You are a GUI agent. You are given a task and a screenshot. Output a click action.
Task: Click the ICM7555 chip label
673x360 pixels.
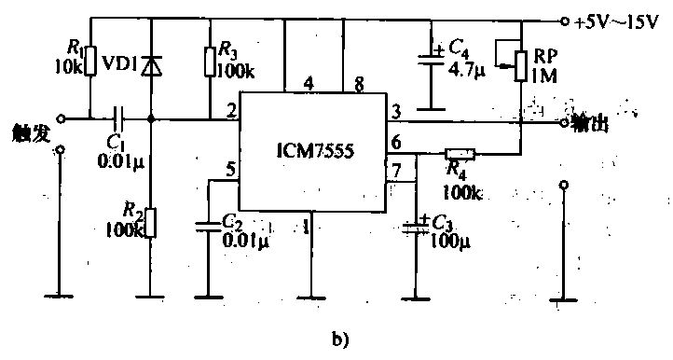pos(314,150)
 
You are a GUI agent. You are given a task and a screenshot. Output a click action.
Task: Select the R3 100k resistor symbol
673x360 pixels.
pos(210,62)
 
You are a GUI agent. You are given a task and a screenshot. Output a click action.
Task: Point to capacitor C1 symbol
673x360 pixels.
pos(119,118)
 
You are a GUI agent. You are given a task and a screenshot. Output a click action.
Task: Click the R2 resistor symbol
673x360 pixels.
pos(151,223)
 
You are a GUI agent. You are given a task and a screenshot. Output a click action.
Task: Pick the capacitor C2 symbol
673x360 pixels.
pos(208,225)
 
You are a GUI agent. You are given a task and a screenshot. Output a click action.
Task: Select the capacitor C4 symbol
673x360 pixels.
pos(431,59)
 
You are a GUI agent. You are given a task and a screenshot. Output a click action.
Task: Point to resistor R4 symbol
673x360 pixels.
pos(460,153)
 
